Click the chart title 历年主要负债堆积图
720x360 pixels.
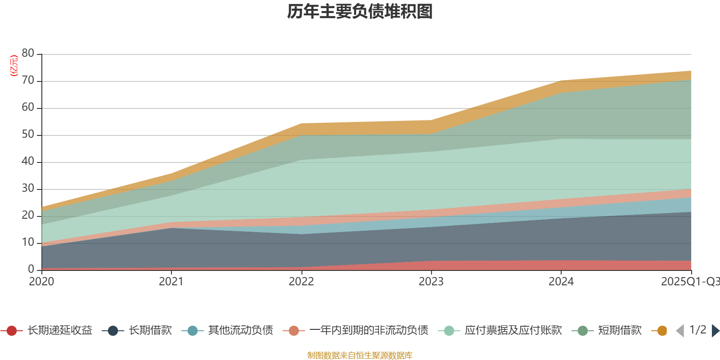(360, 12)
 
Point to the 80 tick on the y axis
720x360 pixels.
(28, 54)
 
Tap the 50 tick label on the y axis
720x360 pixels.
(28, 135)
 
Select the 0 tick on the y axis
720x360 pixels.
(31, 269)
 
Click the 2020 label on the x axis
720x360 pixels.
(41, 282)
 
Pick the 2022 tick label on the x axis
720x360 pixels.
(301, 282)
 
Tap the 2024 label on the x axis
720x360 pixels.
(561, 282)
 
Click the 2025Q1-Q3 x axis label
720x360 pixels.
(690, 282)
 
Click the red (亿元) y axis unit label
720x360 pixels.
(14, 66)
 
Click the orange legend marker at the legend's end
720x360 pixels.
(661, 331)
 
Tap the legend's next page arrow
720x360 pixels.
(715, 331)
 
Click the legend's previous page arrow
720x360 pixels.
(680, 331)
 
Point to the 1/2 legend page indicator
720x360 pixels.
(697, 330)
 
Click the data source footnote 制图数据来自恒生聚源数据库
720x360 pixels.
(360, 355)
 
